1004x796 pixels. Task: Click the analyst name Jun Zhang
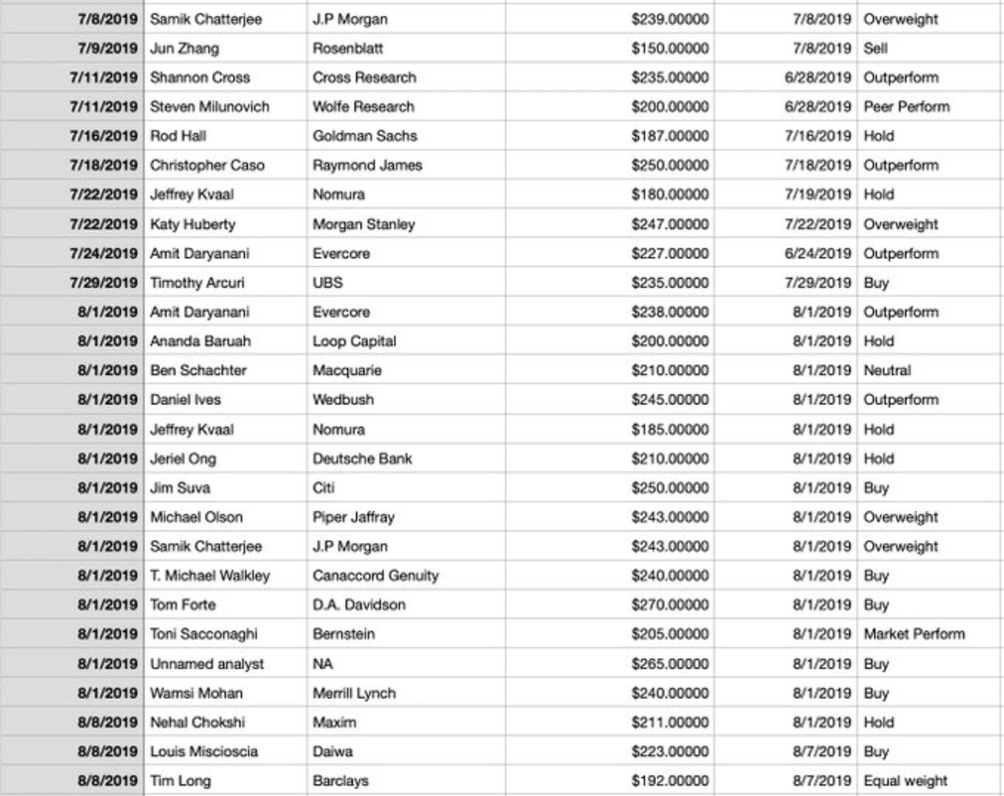[185, 49]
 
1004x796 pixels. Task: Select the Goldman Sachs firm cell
[364, 136]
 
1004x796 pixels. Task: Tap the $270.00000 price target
[670, 605]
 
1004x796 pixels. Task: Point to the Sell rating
[875, 49]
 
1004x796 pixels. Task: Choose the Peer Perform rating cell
[906, 107]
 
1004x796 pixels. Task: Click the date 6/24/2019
[818, 254]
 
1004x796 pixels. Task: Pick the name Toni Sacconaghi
[204, 634]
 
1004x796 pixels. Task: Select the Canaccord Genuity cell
[375, 575]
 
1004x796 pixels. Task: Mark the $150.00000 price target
[670, 49]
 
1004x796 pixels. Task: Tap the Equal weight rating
[905, 781]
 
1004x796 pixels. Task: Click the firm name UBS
[327, 283]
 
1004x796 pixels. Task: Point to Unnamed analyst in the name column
[207, 664]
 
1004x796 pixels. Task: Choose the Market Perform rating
[914, 634]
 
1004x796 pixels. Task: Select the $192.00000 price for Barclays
[670, 781]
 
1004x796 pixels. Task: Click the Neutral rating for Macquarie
[887, 370]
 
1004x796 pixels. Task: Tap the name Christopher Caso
[207, 165]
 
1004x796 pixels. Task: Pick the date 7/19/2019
[818, 195]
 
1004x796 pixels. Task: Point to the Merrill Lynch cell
[354, 693]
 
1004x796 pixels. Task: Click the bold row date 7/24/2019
[104, 254]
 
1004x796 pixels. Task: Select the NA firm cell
[323, 664]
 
